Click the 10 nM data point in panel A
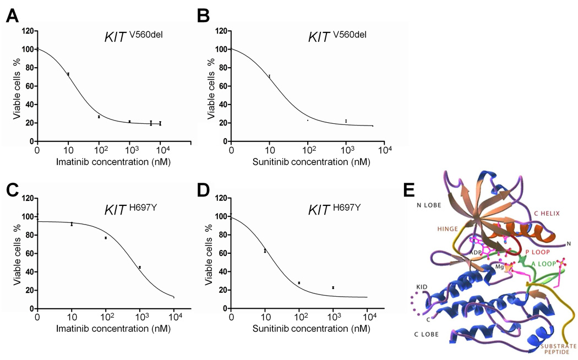coord(68,74)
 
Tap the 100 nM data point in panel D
coord(299,283)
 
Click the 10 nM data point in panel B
coord(269,76)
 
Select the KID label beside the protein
coord(423,288)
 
